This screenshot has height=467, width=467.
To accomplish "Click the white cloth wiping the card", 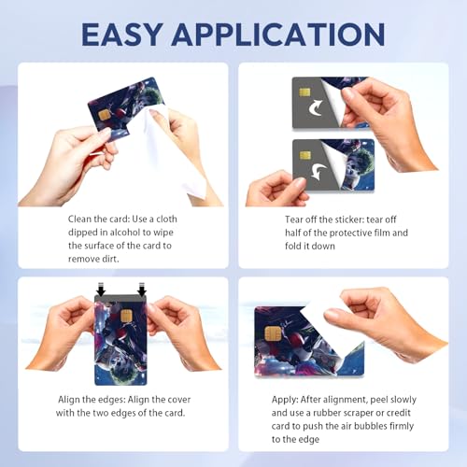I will pyautogui.click(x=177, y=149).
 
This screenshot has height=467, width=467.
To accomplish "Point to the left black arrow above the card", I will pyautogui.click(x=100, y=291).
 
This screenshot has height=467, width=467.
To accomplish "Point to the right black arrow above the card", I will pyautogui.click(x=142, y=291).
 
